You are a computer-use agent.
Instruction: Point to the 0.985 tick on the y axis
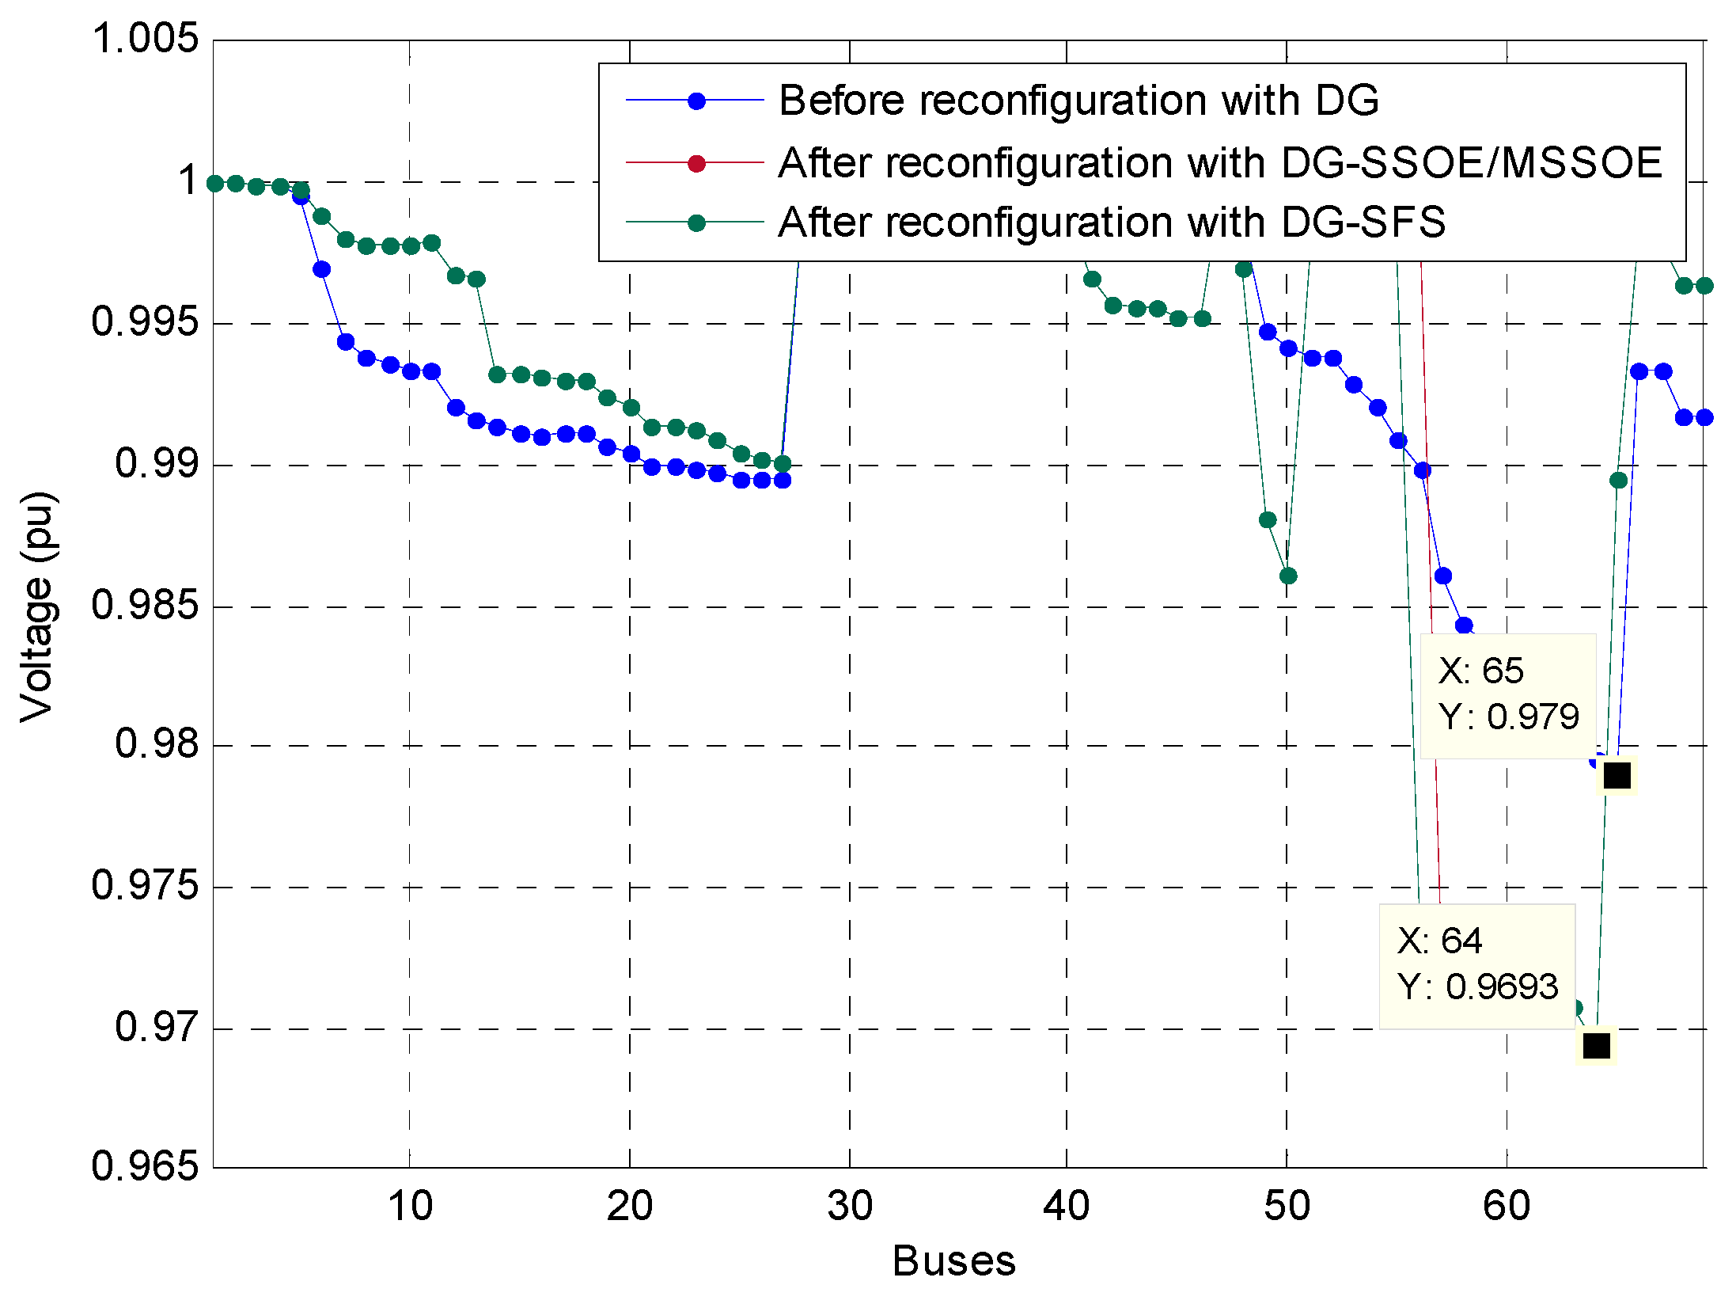[x=146, y=605]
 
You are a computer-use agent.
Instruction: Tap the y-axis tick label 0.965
[x=146, y=1166]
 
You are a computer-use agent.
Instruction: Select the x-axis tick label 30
[x=850, y=1206]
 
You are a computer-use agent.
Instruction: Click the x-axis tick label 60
[x=1507, y=1206]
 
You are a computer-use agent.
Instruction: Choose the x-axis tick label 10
[x=410, y=1206]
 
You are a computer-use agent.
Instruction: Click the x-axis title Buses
[x=953, y=1261]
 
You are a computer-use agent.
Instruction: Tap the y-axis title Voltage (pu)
[x=37, y=606]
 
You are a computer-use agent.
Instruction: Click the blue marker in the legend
[x=696, y=101]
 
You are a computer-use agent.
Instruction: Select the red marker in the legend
[x=696, y=163]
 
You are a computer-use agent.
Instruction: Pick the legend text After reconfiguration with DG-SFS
[x=1112, y=222]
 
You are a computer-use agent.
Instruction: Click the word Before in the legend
[x=841, y=101]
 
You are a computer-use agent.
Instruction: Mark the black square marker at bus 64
[x=1596, y=1046]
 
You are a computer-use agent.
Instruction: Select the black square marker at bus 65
[x=1617, y=776]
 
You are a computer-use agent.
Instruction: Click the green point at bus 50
[x=1288, y=576]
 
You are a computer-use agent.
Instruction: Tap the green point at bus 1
[x=215, y=184]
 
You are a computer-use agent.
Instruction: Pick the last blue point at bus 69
[x=1704, y=417]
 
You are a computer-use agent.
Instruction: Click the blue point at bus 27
[x=783, y=480]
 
